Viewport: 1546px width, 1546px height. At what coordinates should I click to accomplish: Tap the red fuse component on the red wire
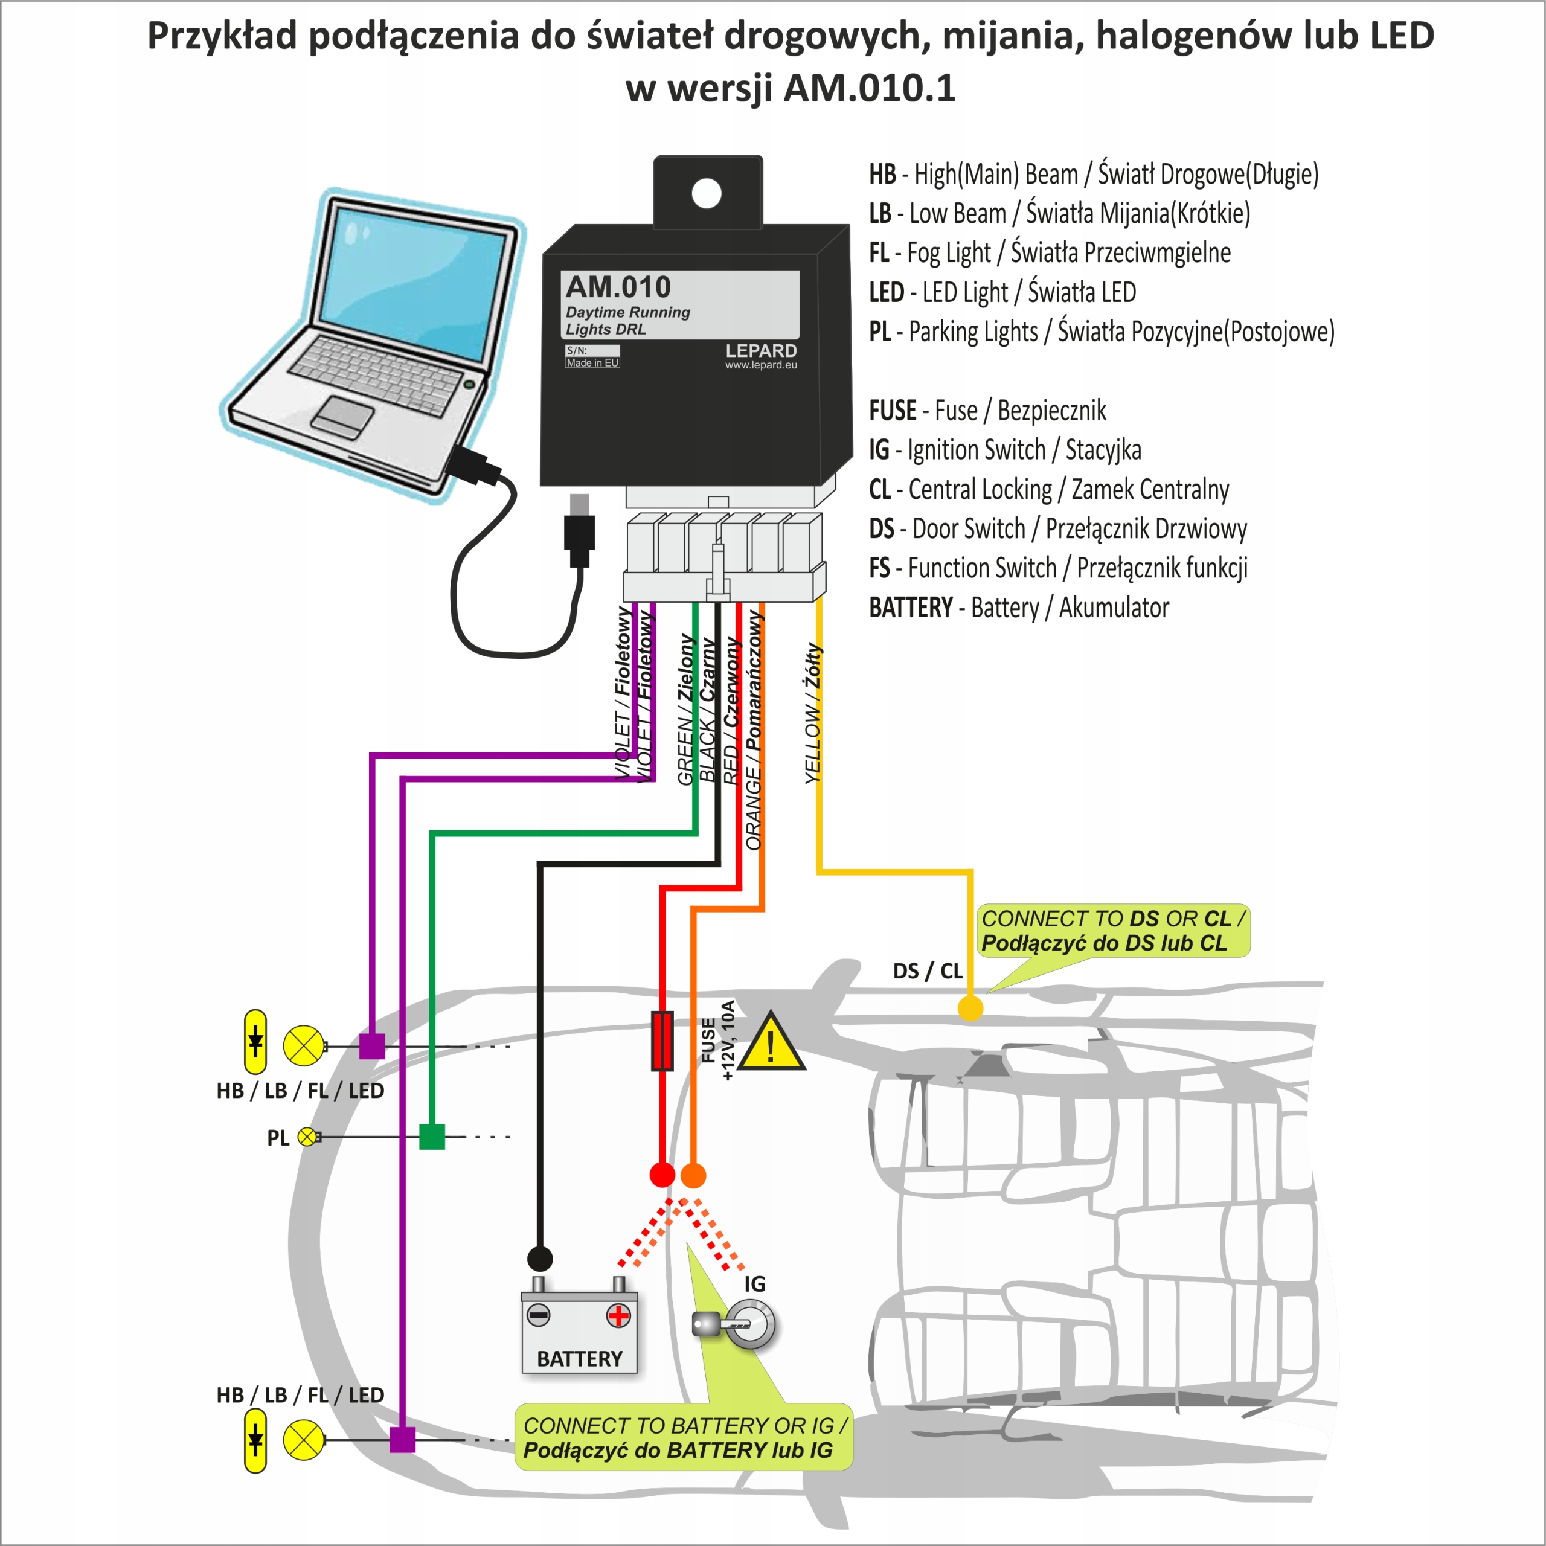click(662, 1041)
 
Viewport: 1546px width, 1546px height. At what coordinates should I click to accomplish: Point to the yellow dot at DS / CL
click(970, 1009)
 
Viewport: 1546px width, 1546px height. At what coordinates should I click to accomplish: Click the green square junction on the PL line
click(432, 1137)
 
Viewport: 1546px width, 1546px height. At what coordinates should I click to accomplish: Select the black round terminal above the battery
click(540, 1259)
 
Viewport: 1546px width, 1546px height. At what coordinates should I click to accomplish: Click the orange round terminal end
click(693, 1176)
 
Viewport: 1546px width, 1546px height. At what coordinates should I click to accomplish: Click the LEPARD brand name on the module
click(761, 350)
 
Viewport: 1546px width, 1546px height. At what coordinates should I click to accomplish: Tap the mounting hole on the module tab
click(707, 193)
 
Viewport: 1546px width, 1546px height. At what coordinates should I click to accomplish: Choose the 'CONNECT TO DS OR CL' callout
click(1112, 931)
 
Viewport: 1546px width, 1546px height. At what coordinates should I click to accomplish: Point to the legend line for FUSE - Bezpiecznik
click(987, 411)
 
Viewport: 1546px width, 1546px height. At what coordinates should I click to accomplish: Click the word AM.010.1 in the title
click(869, 88)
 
